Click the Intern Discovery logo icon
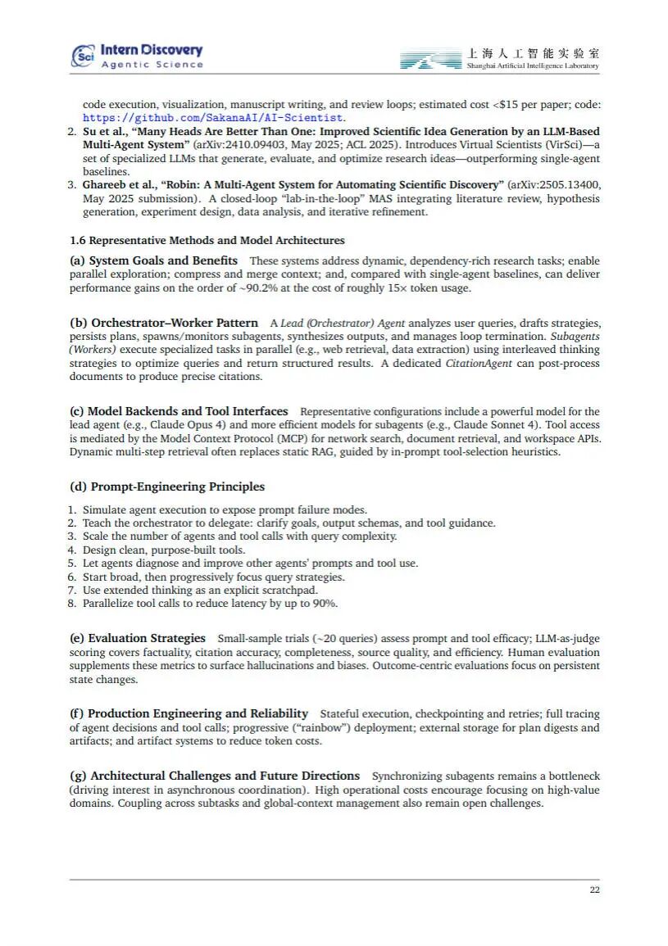84,56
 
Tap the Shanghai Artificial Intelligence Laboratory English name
532,66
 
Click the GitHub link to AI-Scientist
212,118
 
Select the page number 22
594,890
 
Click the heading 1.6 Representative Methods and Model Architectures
207,240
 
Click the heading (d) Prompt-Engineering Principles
167,487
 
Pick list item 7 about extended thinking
200,590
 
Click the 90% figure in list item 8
324,604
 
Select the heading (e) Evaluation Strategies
137,638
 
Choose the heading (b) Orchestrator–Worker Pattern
163,323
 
